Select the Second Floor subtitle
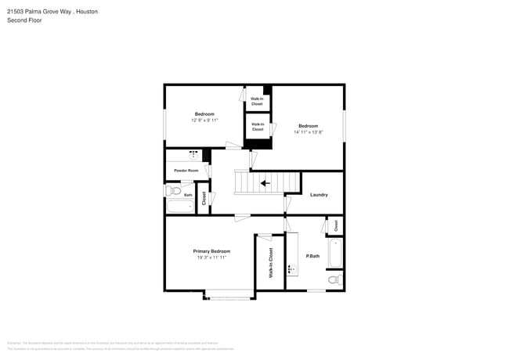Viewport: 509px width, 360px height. point(24,20)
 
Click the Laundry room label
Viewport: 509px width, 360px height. point(319,195)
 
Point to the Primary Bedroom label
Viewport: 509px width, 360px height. point(211,251)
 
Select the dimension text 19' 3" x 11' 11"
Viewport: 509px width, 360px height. point(211,257)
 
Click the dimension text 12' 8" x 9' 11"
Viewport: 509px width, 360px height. point(204,121)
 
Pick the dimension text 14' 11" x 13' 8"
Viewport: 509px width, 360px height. point(308,132)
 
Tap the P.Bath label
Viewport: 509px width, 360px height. point(312,256)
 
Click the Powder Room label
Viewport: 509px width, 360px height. point(186,170)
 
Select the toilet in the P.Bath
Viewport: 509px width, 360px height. point(334,279)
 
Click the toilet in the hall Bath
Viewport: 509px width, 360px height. point(175,190)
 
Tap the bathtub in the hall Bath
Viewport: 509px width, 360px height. point(180,206)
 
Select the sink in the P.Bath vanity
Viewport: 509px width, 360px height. point(291,269)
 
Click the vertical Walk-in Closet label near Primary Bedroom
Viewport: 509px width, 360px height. point(271,263)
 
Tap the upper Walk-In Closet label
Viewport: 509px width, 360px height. point(257,102)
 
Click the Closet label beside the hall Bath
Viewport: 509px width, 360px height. point(204,198)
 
